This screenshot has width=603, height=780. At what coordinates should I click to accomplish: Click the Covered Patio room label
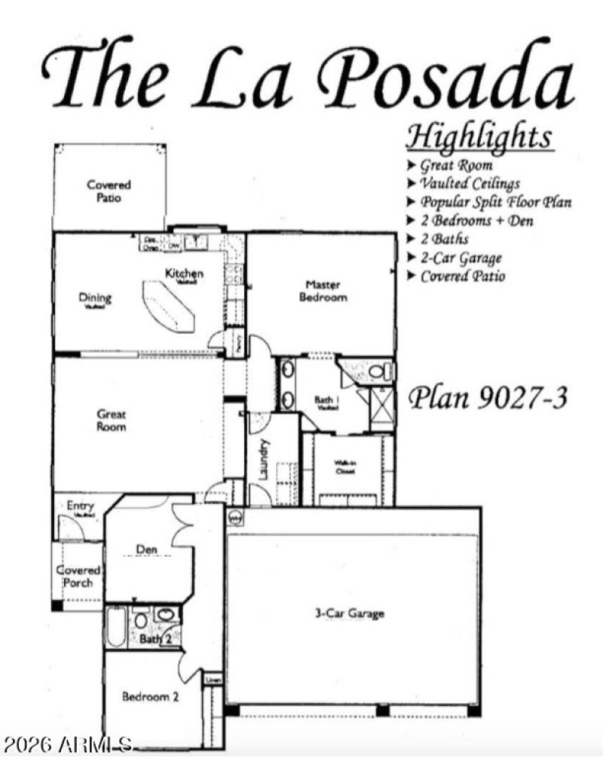[x=109, y=191]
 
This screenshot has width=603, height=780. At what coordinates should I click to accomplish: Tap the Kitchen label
[x=184, y=274]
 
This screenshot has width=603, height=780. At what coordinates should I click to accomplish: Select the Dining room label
[x=95, y=298]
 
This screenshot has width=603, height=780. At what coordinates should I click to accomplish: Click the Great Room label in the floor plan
[x=112, y=421]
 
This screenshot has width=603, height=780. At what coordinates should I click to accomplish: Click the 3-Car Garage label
[x=349, y=613]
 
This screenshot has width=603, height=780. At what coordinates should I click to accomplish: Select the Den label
[x=147, y=549]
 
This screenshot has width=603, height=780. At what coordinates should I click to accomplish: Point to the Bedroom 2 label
[x=150, y=697]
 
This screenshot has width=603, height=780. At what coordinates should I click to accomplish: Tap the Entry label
[x=80, y=506]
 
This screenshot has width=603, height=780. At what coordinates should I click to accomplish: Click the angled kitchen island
[x=169, y=306]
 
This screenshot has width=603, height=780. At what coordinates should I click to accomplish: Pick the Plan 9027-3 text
[x=487, y=398]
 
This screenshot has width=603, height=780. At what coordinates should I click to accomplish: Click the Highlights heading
[x=479, y=138]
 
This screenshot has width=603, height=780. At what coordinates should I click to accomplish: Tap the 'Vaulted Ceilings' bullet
[x=470, y=183]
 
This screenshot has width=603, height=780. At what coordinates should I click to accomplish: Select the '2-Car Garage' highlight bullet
[x=461, y=258]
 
